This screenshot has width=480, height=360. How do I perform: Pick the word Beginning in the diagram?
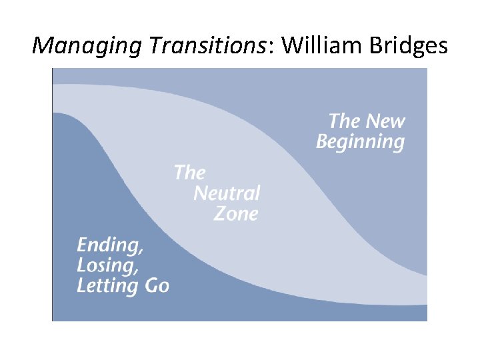click(x=360, y=142)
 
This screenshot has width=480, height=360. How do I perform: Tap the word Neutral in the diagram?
click(x=227, y=193)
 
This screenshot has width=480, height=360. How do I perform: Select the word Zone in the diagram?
click(x=235, y=214)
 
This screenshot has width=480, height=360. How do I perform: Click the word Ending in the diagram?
click(x=108, y=245)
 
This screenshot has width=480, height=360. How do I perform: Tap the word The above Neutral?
click(x=189, y=173)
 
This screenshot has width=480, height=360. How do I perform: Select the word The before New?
click(x=343, y=121)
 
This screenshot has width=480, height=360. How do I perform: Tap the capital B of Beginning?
click(x=322, y=142)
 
